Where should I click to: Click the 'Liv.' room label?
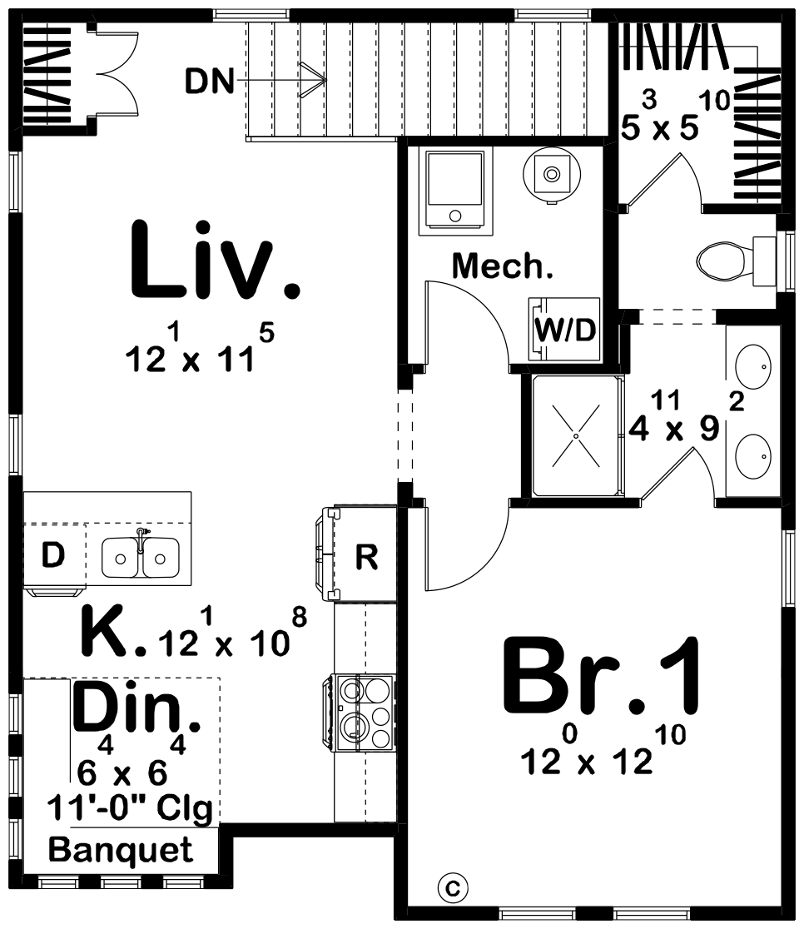[214, 260]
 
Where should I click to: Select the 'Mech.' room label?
[503, 267]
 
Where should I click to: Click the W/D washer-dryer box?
[565, 330]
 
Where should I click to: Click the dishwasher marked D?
[52, 555]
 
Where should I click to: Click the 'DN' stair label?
[209, 82]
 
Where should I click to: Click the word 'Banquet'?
[121, 850]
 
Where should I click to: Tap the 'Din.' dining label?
[136, 708]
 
